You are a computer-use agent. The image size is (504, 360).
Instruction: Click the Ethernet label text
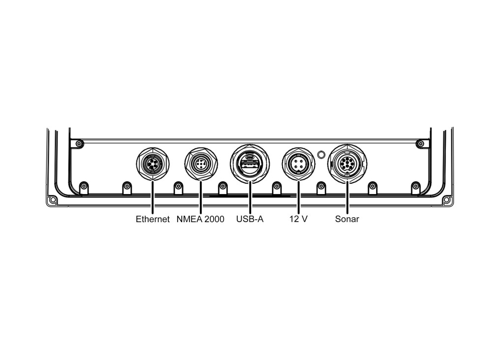click(x=153, y=219)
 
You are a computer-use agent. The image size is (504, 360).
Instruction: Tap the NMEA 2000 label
click(x=200, y=219)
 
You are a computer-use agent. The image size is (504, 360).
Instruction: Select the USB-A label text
click(x=250, y=219)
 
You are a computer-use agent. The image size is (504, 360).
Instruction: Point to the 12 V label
click(x=298, y=219)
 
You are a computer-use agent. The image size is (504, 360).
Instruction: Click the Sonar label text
click(x=347, y=219)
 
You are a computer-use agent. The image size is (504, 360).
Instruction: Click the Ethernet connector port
click(x=153, y=164)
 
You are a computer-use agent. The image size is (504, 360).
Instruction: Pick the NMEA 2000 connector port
click(x=201, y=164)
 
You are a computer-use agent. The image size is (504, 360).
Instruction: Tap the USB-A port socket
click(x=250, y=164)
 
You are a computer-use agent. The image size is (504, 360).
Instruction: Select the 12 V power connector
click(x=299, y=164)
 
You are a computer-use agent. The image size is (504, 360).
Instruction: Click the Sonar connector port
click(x=347, y=164)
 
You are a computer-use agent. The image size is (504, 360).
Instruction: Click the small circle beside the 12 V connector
click(x=321, y=155)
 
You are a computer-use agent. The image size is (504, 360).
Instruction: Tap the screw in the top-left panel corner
click(x=78, y=143)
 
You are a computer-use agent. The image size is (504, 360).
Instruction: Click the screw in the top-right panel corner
click(x=420, y=143)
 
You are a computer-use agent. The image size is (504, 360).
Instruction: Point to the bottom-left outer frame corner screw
click(x=53, y=200)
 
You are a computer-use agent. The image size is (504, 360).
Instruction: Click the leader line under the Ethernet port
click(x=153, y=197)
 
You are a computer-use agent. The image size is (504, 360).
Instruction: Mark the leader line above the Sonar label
click(x=347, y=198)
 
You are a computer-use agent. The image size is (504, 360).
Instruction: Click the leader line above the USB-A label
click(x=250, y=198)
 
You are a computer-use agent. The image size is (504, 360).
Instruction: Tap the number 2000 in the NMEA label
click(x=214, y=219)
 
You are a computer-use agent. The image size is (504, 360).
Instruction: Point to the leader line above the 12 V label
click(x=299, y=197)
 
